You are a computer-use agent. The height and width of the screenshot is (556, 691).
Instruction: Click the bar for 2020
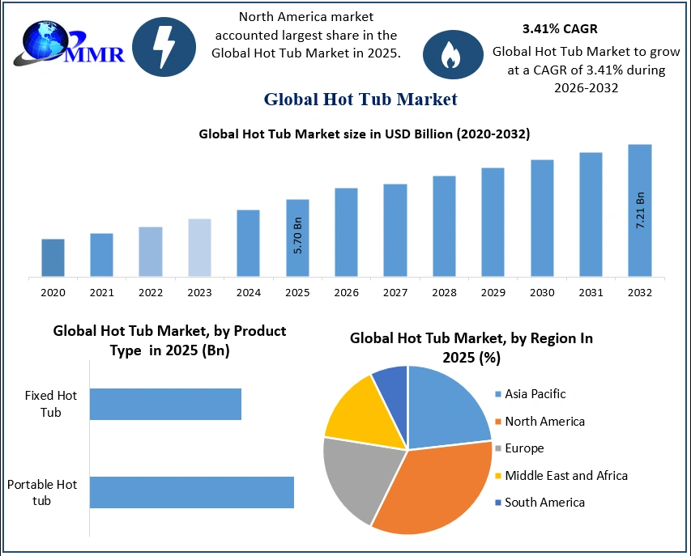53,258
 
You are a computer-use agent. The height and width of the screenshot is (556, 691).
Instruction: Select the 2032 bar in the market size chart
639,210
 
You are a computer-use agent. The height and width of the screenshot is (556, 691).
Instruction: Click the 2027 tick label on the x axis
395,292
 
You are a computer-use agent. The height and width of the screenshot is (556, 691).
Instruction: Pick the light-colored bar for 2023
199,248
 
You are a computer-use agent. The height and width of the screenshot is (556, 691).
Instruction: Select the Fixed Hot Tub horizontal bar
165,404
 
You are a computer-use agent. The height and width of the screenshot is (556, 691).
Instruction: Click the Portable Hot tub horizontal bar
191,492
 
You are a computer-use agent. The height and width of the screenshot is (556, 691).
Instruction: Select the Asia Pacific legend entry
535,394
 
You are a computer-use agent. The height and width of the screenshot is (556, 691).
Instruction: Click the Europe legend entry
523,448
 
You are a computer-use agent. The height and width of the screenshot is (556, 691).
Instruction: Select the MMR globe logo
49,42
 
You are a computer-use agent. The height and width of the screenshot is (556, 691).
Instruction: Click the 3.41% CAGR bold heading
560,29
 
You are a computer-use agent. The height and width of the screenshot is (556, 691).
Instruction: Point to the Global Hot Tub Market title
360,100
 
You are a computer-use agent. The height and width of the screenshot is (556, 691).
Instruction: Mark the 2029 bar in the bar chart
493,223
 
